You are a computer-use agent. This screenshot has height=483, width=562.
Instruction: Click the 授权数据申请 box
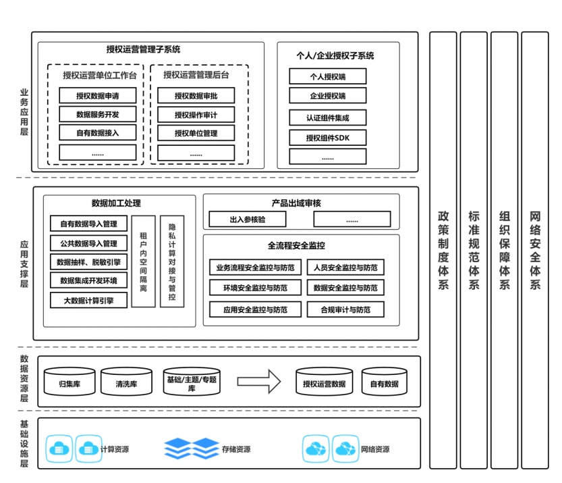click(x=97, y=96)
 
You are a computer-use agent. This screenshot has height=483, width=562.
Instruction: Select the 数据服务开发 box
click(x=97, y=114)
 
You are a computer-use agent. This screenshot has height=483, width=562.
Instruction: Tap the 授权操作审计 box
click(x=196, y=114)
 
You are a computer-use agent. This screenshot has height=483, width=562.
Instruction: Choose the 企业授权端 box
click(x=327, y=95)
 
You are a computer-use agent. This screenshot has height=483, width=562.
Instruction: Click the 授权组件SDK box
click(x=327, y=138)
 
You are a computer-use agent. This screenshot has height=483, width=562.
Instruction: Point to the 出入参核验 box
click(x=248, y=219)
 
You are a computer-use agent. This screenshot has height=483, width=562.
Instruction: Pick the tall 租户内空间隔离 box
click(x=143, y=261)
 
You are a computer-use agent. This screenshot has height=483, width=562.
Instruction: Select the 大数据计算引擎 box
click(x=88, y=300)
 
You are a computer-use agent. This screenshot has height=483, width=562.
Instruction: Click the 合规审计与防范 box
click(x=345, y=310)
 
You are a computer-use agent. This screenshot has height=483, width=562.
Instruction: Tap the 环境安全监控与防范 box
click(x=252, y=288)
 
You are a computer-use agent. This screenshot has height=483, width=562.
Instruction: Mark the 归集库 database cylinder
click(x=70, y=382)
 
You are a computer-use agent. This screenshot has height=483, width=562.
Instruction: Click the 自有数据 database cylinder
click(x=384, y=382)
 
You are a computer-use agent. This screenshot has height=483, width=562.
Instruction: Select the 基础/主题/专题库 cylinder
click(x=192, y=382)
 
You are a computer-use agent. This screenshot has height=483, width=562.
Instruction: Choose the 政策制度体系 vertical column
click(x=443, y=250)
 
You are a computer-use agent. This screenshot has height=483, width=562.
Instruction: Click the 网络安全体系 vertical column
click(x=535, y=250)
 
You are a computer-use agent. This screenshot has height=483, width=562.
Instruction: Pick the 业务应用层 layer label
click(x=24, y=112)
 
